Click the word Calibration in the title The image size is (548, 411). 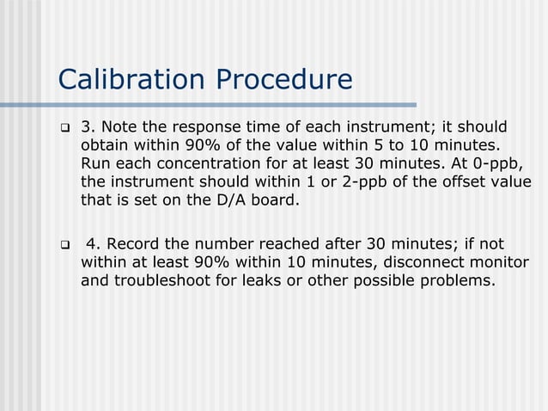131,79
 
